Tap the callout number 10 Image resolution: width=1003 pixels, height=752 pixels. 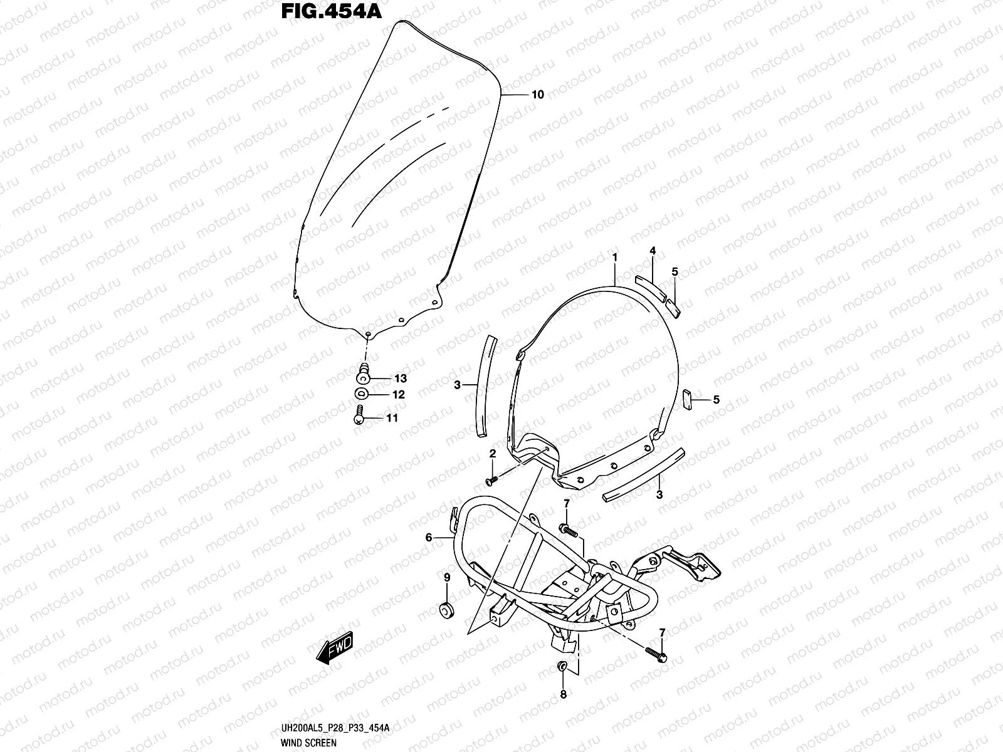pyautogui.click(x=537, y=95)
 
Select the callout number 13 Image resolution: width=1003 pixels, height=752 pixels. pyautogui.click(x=400, y=379)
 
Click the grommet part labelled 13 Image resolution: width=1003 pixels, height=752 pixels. pyautogui.click(x=363, y=376)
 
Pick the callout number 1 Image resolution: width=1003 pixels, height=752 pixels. pyautogui.click(x=615, y=257)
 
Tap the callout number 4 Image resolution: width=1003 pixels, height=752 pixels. pyautogui.click(x=653, y=251)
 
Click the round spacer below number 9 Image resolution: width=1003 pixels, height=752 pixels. pyautogui.click(x=447, y=608)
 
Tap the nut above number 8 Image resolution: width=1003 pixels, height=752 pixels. pyautogui.click(x=563, y=666)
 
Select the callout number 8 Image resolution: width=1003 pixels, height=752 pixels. pyautogui.click(x=563, y=694)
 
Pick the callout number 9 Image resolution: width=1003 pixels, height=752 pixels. pyautogui.click(x=447, y=577)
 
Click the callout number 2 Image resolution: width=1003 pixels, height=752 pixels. pyautogui.click(x=493, y=453)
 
